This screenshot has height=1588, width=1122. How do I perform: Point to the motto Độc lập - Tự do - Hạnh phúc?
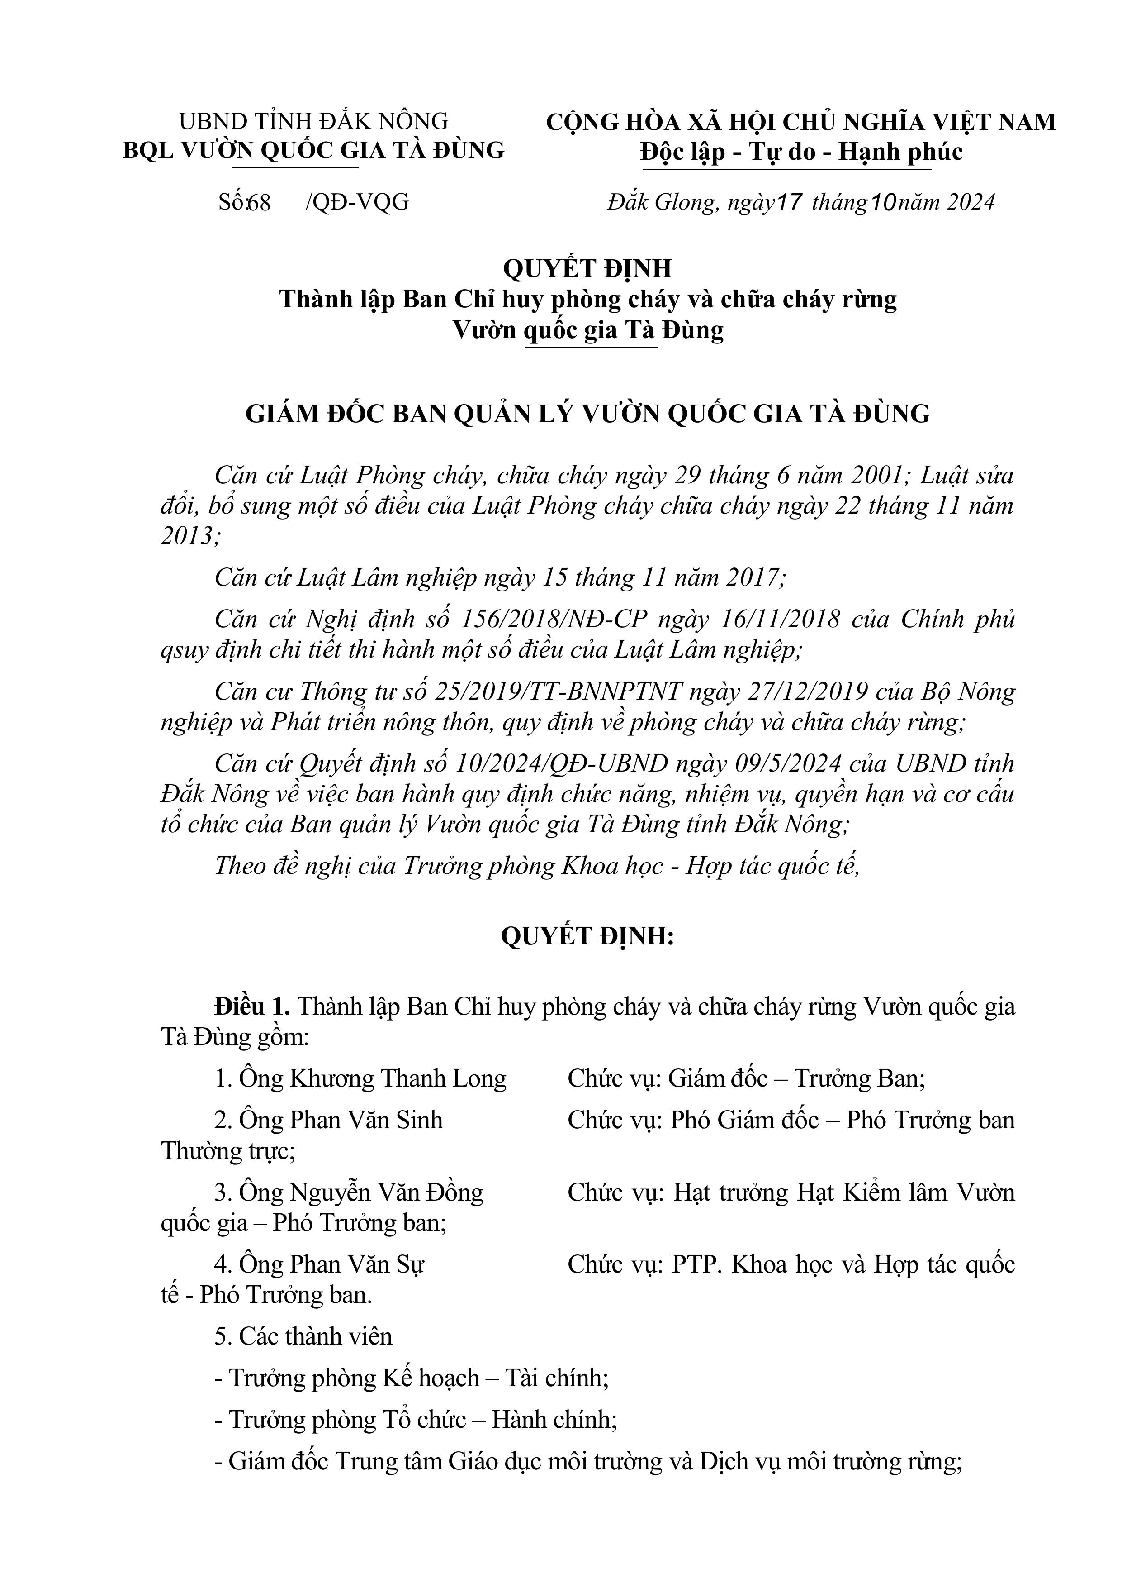[800, 152]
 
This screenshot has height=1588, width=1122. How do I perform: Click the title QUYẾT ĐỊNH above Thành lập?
[587, 267]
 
